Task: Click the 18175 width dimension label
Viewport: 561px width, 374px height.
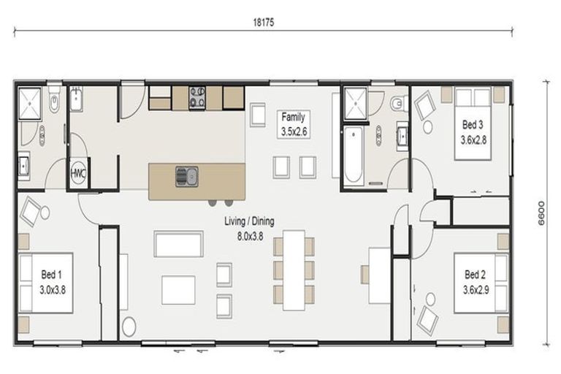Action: (264, 23)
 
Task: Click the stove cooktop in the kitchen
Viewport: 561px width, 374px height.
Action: (197, 98)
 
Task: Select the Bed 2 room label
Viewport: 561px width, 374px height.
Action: (475, 280)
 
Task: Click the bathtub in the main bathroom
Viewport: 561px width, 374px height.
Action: (353, 154)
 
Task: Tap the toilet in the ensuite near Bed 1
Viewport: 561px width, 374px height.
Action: (55, 104)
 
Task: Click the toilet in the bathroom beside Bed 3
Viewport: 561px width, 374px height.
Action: (397, 103)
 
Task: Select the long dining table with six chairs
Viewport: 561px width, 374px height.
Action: (294, 267)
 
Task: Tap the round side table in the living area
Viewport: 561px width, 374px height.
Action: (130, 327)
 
